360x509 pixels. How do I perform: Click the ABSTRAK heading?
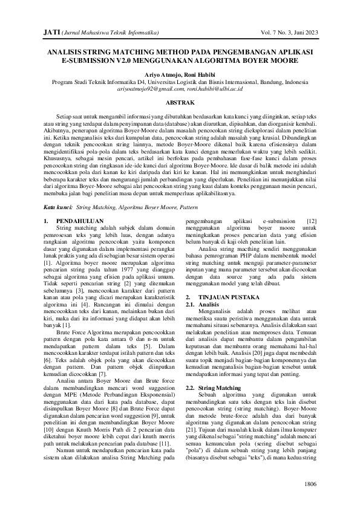click(180, 103)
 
